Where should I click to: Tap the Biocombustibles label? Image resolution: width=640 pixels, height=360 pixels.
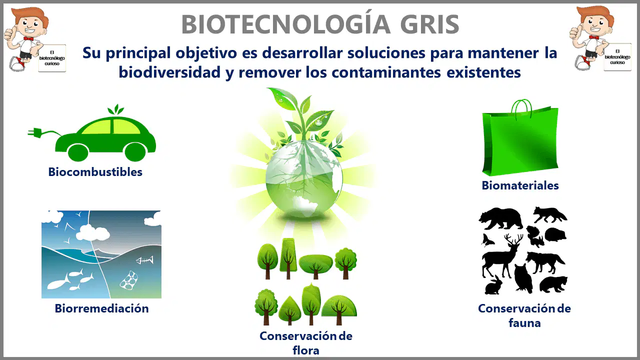tap(95, 172)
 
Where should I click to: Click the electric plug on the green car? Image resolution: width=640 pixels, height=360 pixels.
tap(35, 132)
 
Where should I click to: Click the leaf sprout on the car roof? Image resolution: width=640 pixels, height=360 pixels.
tap(115, 109)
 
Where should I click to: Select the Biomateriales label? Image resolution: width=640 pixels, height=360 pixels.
tap(520, 185)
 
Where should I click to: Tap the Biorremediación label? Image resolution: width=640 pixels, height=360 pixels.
tap(101, 308)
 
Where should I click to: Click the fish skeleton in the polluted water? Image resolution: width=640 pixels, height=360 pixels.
tap(144, 260)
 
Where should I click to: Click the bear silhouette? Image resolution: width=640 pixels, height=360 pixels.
tap(500, 218)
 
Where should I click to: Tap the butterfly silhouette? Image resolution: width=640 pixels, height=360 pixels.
tap(487, 240)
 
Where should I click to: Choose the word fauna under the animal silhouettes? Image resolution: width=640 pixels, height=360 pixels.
tap(524, 323)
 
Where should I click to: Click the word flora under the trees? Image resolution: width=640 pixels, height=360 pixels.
tap(305, 350)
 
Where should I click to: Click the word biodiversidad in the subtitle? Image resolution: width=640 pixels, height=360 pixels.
tap(169, 72)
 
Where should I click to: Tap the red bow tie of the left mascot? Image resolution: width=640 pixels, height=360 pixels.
tap(28, 38)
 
